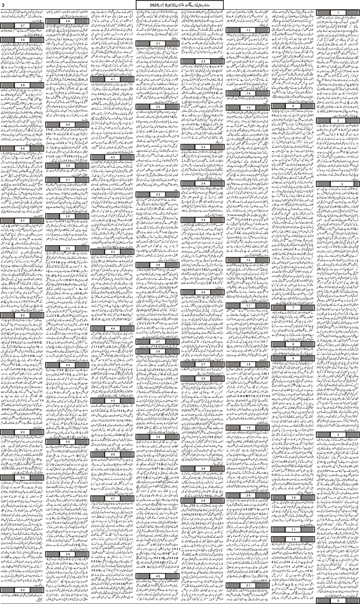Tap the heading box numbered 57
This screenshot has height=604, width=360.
[22, 25]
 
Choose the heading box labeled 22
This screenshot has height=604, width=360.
[203, 61]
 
